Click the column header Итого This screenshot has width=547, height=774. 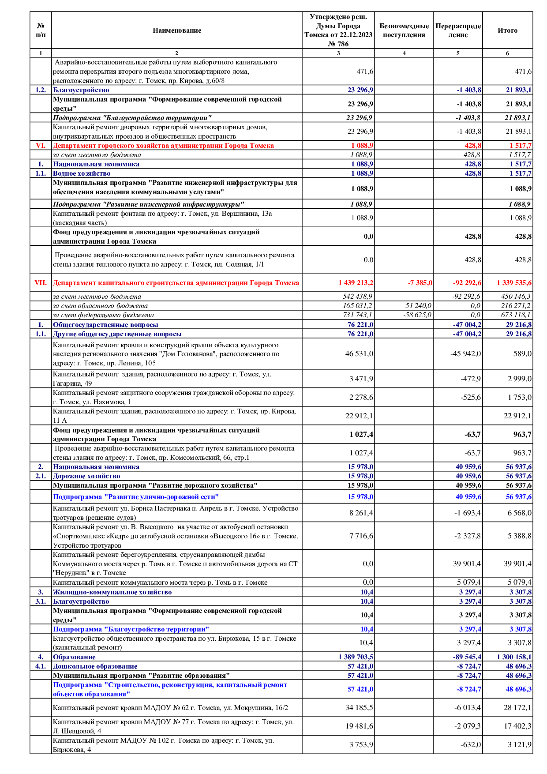(x=507, y=30)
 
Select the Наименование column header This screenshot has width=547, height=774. (x=177, y=30)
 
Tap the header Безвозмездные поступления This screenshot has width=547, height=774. (x=404, y=30)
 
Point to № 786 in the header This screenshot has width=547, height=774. (x=338, y=44)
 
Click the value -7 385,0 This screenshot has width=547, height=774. (x=420, y=283)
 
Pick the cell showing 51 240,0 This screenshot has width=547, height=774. (x=419, y=306)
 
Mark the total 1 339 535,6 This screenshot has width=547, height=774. (x=514, y=283)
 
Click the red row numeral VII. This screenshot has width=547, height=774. (x=41, y=283)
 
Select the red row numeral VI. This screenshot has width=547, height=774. (x=41, y=146)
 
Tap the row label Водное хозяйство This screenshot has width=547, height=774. (x=82, y=173)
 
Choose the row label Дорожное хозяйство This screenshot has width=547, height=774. (x=86, y=476)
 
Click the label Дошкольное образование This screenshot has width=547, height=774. (x=95, y=666)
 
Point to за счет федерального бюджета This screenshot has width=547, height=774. (x=103, y=315)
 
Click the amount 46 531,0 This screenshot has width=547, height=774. (x=359, y=354)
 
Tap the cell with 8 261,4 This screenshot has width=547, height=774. (x=361, y=513)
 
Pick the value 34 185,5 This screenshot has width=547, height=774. (x=359, y=708)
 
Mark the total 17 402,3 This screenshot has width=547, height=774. (x=517, y=726)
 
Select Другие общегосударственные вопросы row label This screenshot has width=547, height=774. (x=117, y=334)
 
